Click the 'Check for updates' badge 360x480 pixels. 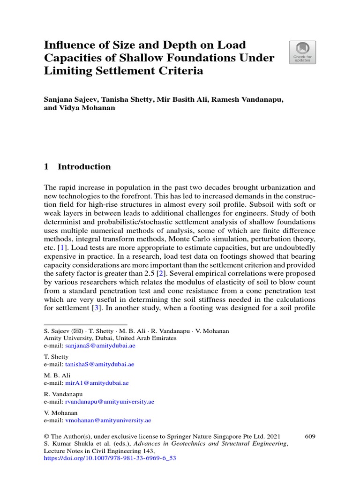[x=302, y=52]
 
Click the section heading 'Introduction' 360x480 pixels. [x=84, y=167]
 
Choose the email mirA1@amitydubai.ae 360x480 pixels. [x=94, y=383]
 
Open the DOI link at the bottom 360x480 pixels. [x=110, y=458]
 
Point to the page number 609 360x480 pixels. [x=310, y=436]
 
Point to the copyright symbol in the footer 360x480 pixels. [x=46, y=436]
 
